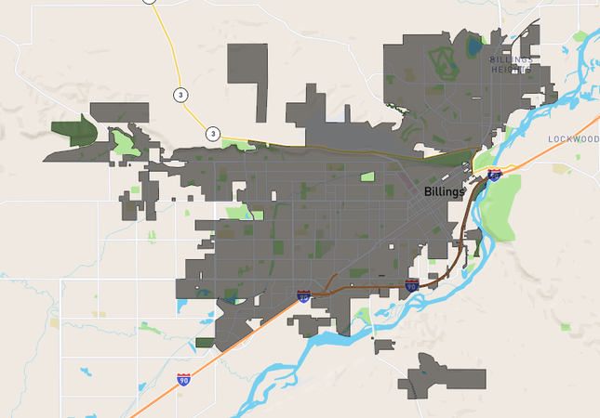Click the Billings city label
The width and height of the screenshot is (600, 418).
[443, 192]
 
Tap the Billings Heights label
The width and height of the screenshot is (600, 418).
[512, 64]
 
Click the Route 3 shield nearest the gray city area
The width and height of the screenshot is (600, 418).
[213, 134]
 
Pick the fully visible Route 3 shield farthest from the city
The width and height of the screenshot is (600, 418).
[178, 94]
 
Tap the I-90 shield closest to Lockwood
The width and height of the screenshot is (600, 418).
[494, 175]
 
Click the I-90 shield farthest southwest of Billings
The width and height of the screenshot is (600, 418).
[183, 380]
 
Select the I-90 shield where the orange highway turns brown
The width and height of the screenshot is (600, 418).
[304, 296]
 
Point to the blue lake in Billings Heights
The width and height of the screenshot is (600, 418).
[476, 45]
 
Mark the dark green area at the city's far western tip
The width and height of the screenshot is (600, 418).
[73, 136]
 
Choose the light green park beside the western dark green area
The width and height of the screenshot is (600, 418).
[124, 142]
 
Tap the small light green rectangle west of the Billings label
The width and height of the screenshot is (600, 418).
[367, 176]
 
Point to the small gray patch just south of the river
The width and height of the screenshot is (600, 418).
[383, 346]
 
